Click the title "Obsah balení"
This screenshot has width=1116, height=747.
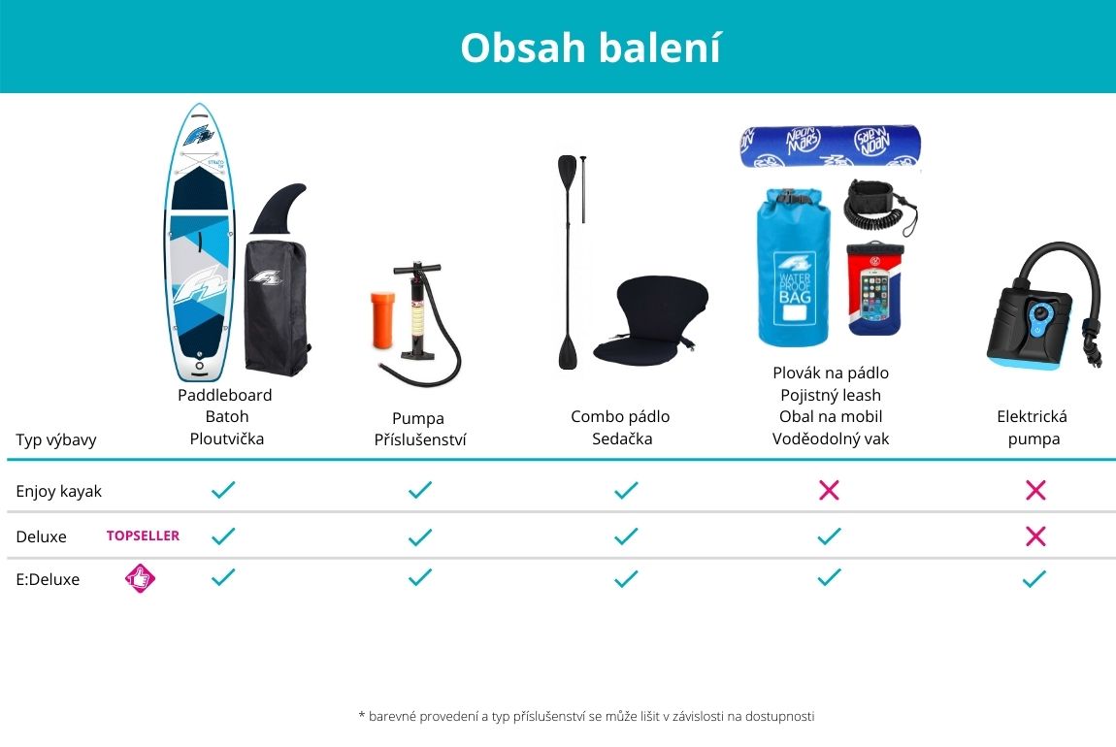pyautogui.click(x=591, y=48)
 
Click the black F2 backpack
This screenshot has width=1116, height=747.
pyautogui.click(x=277, y=308)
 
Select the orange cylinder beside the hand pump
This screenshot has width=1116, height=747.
pyautogui.click(x=383, y=319)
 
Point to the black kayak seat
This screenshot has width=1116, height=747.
pyautogui.click(x=649, y=320)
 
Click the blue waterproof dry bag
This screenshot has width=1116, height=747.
pyautogui.click(x=793, y=267)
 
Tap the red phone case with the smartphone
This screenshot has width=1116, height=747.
pyautogui.click(x=874, y=288)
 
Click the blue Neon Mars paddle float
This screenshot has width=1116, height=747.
pyautogui.click(x=830, y=146)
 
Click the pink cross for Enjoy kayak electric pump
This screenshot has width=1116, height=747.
pyautogui.click(x=1035, y=490)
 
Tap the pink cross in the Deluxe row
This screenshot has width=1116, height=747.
pyautogui.click(x=1035, y=536)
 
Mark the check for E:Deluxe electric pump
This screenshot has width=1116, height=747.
pyautogui.click(x=1034, y=578)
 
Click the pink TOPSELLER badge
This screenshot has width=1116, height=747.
pyautogui.click(x=143, y=536)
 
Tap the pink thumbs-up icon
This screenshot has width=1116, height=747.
pyautogui.click(x=140, y=578)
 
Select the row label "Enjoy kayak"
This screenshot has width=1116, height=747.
pyautogui.click(x=58, y=491)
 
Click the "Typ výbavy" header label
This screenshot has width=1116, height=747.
pyautogui.click(x=56, y=439)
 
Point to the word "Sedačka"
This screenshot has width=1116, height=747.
pyautogui.click(x=622, y=438)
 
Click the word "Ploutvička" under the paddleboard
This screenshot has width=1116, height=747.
pyautogui.click(x=226, y=438)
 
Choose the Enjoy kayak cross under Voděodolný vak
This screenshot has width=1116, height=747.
pyautogui.click(x=829, y=490)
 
